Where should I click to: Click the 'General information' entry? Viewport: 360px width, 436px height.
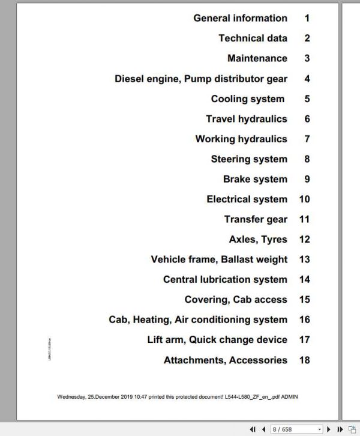click(240, 18)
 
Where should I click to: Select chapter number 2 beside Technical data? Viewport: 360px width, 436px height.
click(307, 38)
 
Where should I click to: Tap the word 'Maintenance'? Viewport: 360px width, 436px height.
click(257, 58)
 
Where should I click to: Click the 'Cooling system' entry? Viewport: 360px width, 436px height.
click(247, 99)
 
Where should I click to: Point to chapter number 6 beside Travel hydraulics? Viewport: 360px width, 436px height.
click(307, 119)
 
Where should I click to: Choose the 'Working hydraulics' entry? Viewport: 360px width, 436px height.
click(241, 139)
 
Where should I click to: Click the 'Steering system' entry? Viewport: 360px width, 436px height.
click(248, 159)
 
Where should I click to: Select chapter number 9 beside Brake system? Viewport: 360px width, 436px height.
click(307, 179)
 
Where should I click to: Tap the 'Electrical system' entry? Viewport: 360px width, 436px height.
click(247, 199)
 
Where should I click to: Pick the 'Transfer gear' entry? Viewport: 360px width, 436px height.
click(256, 219)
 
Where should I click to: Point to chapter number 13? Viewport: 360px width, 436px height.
click(304, 259)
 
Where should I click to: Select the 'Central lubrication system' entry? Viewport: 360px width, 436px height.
click(224, 279)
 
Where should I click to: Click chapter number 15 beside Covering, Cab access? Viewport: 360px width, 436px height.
click(304, 300)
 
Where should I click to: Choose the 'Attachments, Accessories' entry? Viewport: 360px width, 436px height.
click(225, 360)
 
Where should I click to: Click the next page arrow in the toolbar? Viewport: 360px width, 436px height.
click(329, 429)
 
